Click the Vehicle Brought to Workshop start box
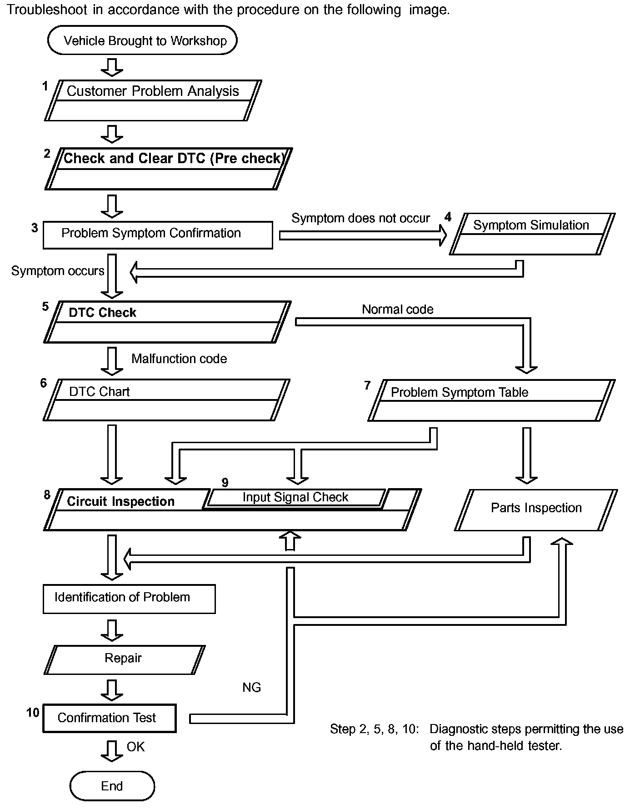(x=142, y=40)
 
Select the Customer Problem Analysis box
(x=153, y=100)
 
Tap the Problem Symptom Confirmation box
(x=158, y=235)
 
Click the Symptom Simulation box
(x=532, y=234)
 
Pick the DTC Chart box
(x=166, y=400)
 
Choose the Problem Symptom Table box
(x=491, y=400)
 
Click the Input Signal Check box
(x=295, y=497)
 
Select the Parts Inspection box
(x=536, y=509)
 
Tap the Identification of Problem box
(x=129, y=599)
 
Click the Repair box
(x=124, y=659)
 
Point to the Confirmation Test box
(x=109, y=718)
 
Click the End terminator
(x=112, y=786)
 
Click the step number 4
(x=448, y=217)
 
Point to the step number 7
(x=367, y=385)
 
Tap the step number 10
(x=33, y=712)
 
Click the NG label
(x=251, y=687)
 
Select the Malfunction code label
(x=179, y=359)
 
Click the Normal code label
(x=397, y=310)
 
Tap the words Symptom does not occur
(x=360, y=218)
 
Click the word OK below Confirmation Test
(x=135, y=747)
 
